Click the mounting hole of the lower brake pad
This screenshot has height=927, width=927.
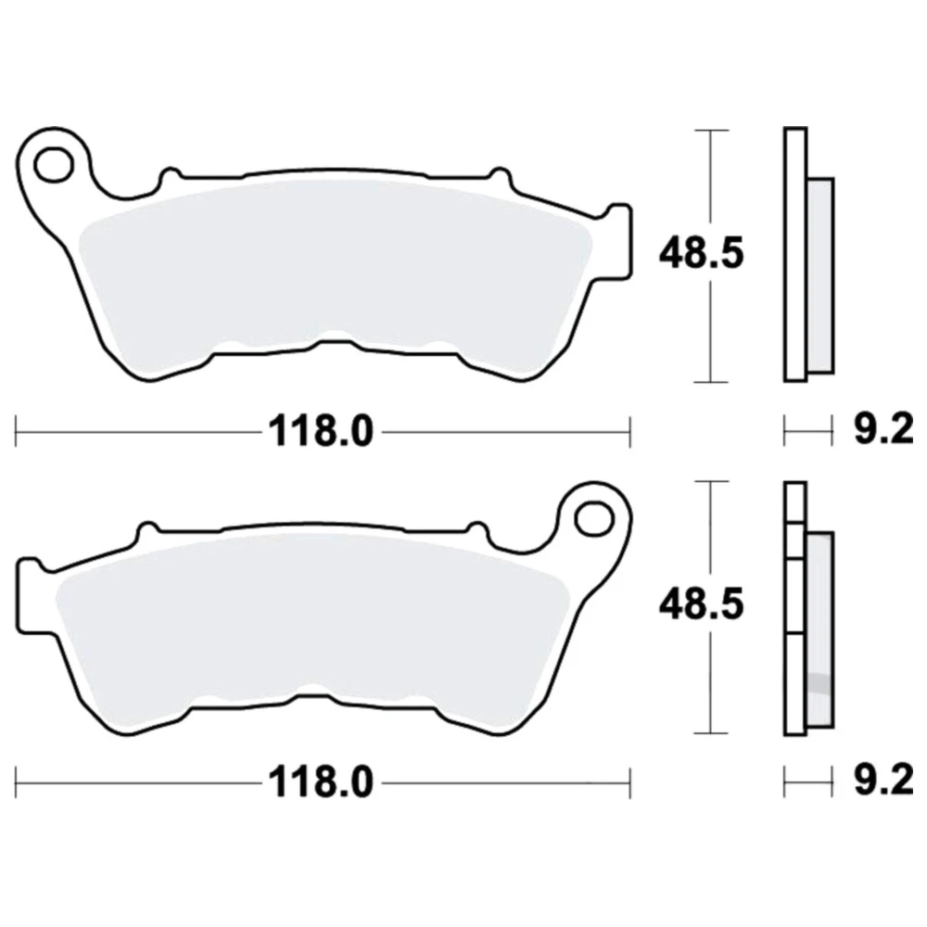tap(594, 518)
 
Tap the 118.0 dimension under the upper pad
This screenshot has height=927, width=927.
tap(321, 432)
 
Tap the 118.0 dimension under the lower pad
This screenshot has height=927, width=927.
tap(321, 783)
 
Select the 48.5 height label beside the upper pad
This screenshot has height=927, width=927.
tap(701, 253)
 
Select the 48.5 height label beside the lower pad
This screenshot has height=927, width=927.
tap(701, 604)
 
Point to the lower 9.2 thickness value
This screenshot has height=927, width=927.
tap(883, 781)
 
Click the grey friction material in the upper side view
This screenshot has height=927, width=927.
tap(820, 275)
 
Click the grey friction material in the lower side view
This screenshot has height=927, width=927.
tap(820, 629)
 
